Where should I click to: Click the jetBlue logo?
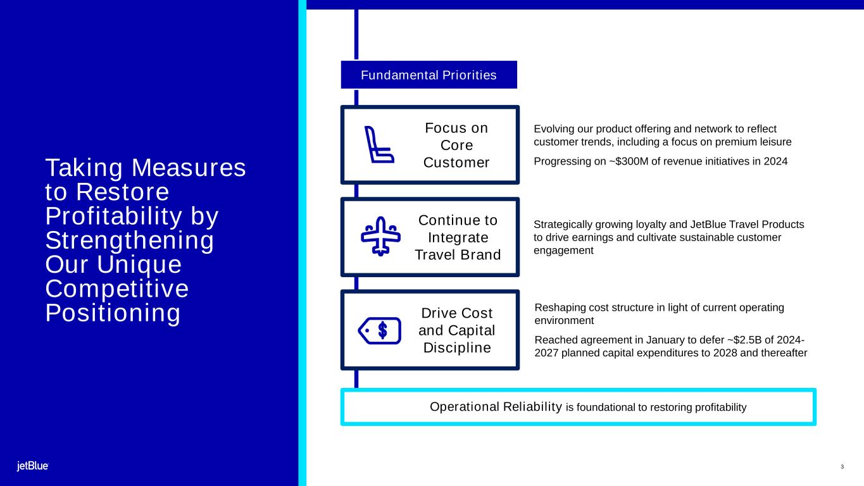32,466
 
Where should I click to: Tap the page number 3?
842,467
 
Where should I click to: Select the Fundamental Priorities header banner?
429,75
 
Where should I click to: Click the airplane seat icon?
379,145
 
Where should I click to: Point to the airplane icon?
380,237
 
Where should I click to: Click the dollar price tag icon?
380,330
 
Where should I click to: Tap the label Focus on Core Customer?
456,145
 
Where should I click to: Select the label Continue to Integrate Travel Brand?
458,237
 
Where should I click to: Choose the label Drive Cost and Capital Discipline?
457,330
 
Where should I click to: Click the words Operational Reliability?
496,406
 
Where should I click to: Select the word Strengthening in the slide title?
130,240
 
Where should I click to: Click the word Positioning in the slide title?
113,313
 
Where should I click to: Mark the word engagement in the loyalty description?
563,251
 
